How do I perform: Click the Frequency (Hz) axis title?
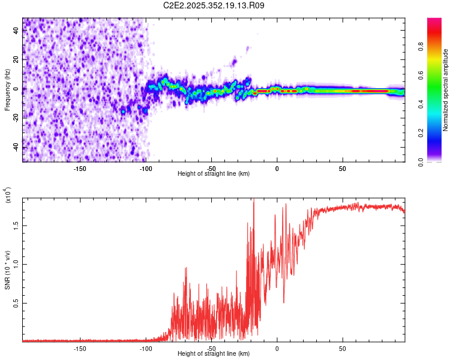[x=7, y=90]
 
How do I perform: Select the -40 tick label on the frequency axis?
[x=16, y=148]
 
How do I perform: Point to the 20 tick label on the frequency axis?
[x=16, y=60]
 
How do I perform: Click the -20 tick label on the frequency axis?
[x=16, y=118]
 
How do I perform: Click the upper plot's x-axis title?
[x=214, y=173]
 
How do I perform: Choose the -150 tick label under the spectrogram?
[x=80, y=169]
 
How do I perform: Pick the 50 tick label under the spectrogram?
[x=342, y=169]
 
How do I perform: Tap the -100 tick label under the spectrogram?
[x=146, y=169]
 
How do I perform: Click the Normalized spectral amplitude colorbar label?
[x=445, y=91]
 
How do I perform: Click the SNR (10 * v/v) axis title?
[x=7, y=269]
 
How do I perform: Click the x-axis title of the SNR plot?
[x=214, y=353]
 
